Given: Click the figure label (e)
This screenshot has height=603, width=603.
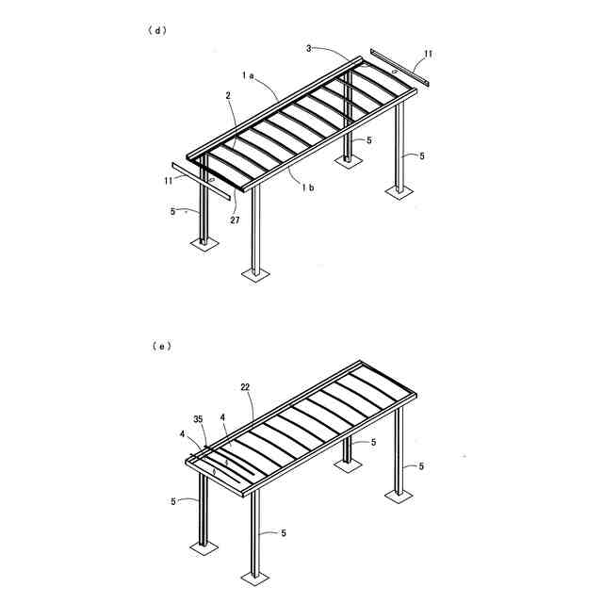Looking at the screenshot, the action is [161, 347].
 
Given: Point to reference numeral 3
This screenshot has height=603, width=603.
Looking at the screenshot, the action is [308, 47].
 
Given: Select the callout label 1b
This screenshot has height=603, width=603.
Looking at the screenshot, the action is [308, 187].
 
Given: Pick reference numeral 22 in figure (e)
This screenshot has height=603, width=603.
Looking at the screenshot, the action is [245, 388].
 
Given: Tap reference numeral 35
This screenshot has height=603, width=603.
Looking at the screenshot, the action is [198, 418].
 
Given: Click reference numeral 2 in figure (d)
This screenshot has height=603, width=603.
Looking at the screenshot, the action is [229, 95].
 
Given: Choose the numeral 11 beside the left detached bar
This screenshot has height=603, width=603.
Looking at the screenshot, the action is [169, 180].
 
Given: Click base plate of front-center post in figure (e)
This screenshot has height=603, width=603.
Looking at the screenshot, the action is [253, 573].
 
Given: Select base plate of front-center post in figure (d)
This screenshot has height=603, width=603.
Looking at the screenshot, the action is [253, 274].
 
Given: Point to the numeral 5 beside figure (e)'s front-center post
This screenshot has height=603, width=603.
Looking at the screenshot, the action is [282, 533].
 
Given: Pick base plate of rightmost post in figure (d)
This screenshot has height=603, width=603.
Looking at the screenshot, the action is [399, 192].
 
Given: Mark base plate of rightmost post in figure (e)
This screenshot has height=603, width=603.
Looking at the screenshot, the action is [400, 492].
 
